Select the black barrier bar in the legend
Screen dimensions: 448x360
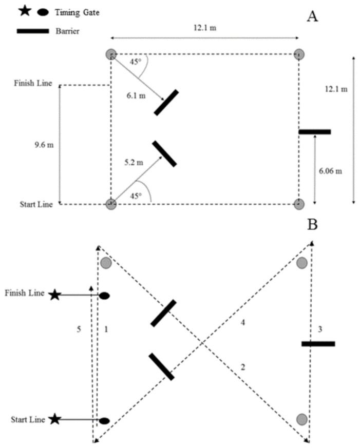click(33, 31)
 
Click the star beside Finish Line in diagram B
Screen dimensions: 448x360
click(55, 295)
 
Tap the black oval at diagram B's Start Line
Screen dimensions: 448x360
click(104, 421)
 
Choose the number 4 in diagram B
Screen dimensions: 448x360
click(242, 322)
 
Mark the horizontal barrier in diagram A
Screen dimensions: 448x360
click(314, 132)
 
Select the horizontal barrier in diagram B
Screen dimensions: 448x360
click(318, 343)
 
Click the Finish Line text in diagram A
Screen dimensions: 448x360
click(32, 83)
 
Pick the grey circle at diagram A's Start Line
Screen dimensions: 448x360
click(111, 204)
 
